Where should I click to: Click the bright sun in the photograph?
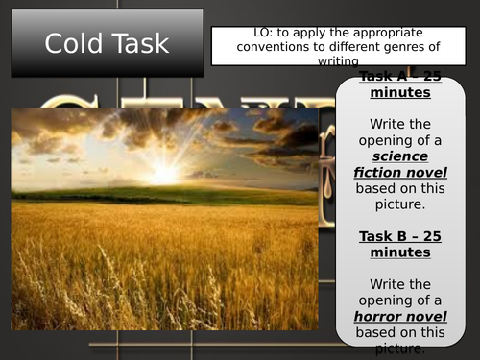[x=163, y=174]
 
